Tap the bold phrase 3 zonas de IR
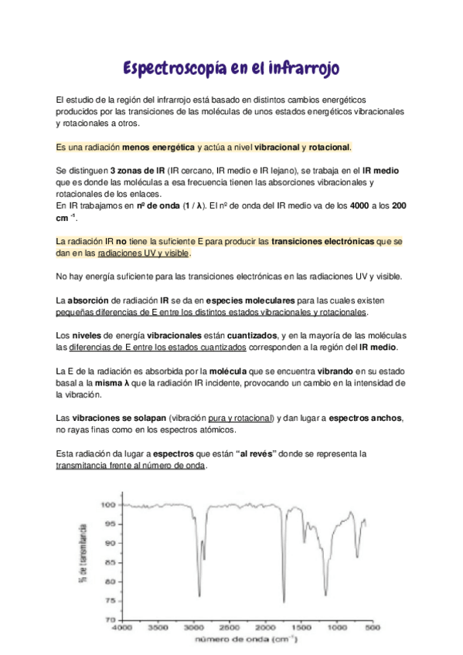pyautogui.click(x=138, y=170)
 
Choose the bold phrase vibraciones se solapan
pyautogui.click(x=118, y=418)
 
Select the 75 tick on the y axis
pyautogui.click(x=110, y=601)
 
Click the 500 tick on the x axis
pyautogui.click(x=371, y=629)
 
